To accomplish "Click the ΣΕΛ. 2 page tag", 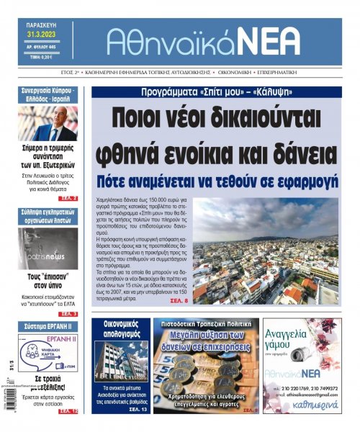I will (x=68, y=197).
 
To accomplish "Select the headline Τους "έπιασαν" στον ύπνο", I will (x=49, y=282).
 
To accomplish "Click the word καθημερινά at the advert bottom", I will (x=311, y=406).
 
